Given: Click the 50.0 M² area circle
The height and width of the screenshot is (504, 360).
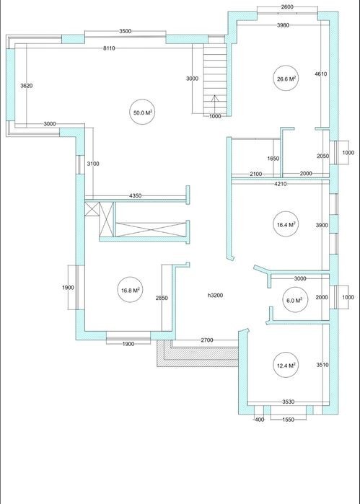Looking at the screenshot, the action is tap(143, 112).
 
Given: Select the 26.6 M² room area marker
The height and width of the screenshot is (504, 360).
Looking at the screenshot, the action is tap(286, 78).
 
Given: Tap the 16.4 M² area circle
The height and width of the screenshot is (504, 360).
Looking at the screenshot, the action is tap(286, 224).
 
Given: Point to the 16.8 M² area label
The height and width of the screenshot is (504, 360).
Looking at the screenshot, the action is tap(131, 291).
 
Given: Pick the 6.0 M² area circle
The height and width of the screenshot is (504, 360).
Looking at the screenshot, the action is tap(294, 300).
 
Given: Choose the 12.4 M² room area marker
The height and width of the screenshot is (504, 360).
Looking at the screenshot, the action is tap(286, 365).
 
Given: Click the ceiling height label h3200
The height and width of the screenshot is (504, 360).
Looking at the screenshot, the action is tap(215, 296).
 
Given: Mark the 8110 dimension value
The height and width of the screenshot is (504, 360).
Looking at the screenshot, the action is tap(109, 48).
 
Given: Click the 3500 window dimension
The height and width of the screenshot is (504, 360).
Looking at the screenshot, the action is tap(125, 31).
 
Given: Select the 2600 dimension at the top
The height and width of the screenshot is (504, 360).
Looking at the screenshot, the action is tap(287, 6).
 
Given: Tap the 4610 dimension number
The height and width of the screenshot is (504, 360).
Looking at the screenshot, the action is tap(321, 74).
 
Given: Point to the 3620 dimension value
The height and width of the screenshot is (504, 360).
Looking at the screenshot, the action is tap(27, 86).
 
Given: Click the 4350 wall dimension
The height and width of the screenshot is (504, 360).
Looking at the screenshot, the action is tap(135, 195).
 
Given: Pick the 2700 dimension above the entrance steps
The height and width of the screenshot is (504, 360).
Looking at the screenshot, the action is tap(207, 340).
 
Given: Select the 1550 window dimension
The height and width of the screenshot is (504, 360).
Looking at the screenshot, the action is tap(288, 420).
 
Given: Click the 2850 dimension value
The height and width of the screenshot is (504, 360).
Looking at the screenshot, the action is tap(162, 298).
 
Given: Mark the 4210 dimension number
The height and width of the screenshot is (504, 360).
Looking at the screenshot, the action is tap(281, 184).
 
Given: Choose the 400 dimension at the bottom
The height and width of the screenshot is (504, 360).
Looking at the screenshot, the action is tap(259, 420).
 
